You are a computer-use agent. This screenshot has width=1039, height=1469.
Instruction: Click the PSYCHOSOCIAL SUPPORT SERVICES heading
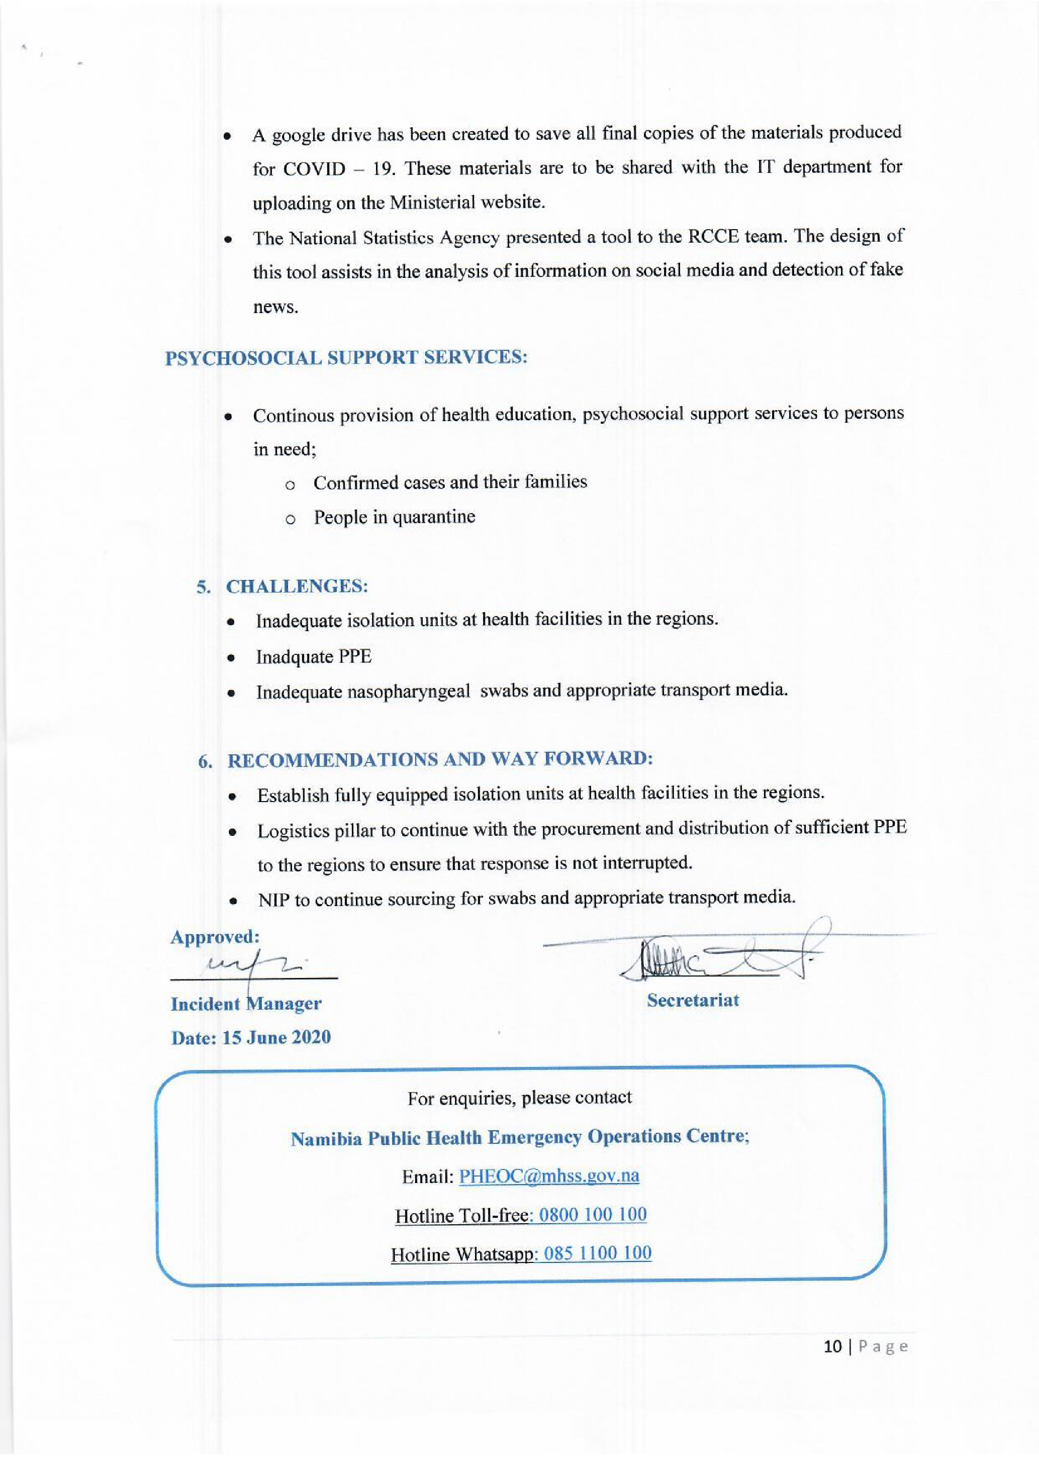(346, 357)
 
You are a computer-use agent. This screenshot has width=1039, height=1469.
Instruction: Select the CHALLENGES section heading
(297, 586)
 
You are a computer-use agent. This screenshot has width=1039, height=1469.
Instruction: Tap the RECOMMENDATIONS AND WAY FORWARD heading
(440, 759)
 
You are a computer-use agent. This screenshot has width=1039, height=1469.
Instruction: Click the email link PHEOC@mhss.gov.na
(549, 1176)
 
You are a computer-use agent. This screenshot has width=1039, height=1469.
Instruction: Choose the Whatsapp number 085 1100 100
(597, 1253)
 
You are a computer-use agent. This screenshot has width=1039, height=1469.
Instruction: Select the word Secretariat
(692, 1000)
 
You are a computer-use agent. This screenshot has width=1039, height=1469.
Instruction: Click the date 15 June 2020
(276, 1037)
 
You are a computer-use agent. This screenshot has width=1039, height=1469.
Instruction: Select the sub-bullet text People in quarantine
(394, 517)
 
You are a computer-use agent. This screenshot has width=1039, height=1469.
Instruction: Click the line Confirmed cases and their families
(450, 482)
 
